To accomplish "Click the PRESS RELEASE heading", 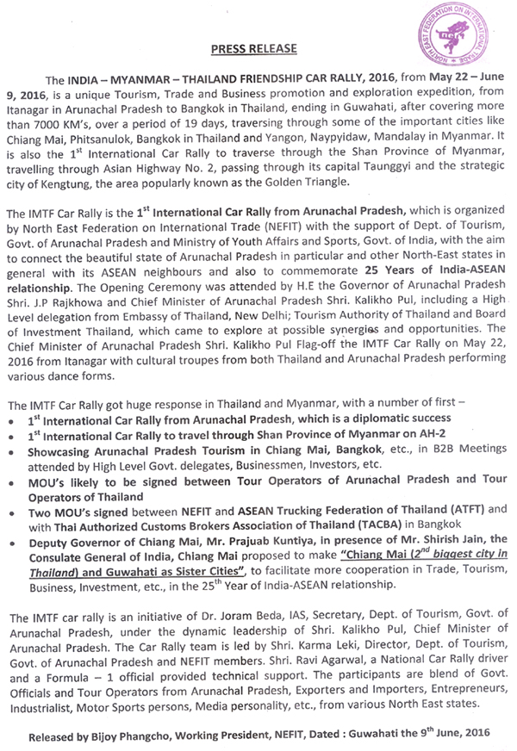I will [x=259, y=49].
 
